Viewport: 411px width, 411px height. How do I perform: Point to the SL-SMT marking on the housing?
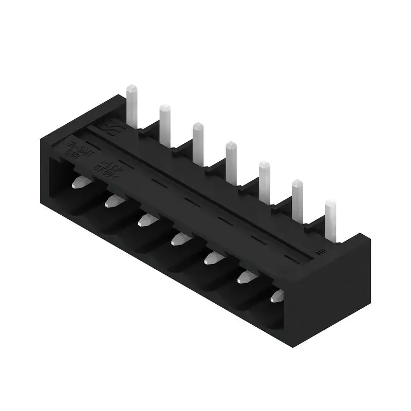[x=75, y=142]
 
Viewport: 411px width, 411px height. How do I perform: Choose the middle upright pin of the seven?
[x=231, y=161]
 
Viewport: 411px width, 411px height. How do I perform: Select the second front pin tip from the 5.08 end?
[x=113, y=200]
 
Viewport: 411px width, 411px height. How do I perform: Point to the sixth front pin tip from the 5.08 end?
[x=245, y=277]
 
